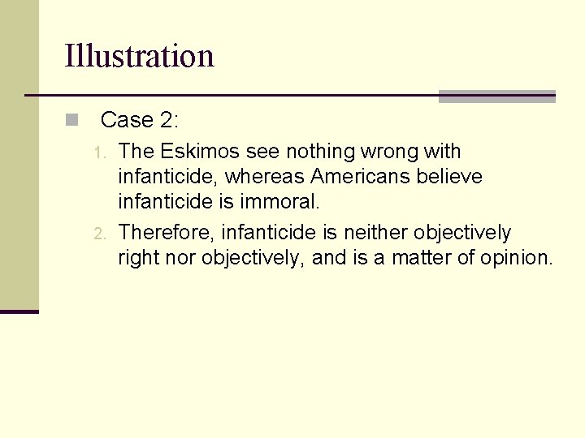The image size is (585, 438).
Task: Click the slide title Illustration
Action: tap(139, 56)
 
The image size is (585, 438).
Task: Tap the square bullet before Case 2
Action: tap(71, 121)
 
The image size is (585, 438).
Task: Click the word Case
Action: tap(127, 121)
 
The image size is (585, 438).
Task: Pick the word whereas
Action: tap(265, 176)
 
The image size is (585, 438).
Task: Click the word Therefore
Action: tap(166, 233)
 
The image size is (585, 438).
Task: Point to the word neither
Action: tap(376, 233)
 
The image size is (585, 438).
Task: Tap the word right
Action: tap(139, 258)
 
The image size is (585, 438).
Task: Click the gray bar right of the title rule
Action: tap(496, 97)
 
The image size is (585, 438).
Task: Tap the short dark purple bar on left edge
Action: tap(19, 311)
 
